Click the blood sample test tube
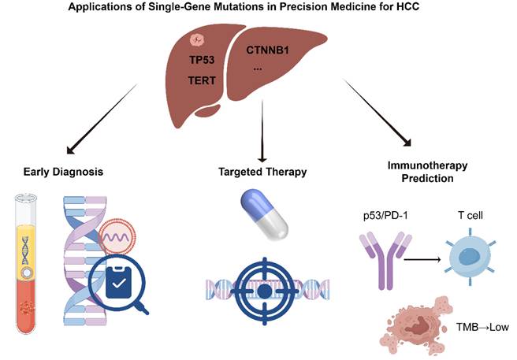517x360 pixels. coord(26,264)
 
